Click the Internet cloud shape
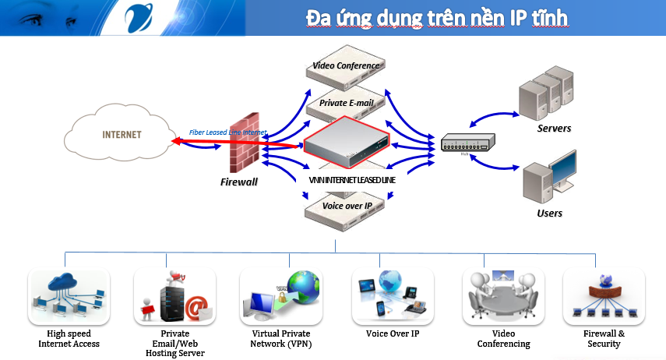pyautogui.click(x=122, y=135)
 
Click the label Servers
pyautogui.click(x=555, y=129)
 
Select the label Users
pyautogui.click(x=550, y=213)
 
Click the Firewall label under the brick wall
pyautogui.click(x=239, y=182)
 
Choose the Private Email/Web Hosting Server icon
pyautogui.click(x=174, y=296)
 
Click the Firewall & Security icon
pyautogui.click(x=604, y=296)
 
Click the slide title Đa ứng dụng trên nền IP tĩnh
pyautogui.click(x=436, y=17)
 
